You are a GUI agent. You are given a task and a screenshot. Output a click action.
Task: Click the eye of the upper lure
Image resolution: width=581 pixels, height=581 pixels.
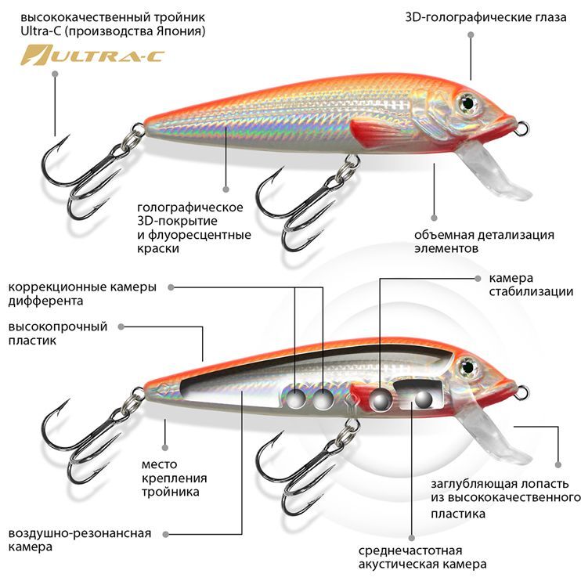click(468, 101)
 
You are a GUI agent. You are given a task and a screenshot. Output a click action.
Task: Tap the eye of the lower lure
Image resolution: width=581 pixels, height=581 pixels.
click(468, 365)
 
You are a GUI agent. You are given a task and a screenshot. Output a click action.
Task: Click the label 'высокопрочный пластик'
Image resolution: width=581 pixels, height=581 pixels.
click(58, 334)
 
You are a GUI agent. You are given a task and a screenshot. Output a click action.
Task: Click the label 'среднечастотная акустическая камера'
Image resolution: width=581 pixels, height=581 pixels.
click(422, 557)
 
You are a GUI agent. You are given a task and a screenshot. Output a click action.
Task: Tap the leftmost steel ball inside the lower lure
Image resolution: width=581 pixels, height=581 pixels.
click(296, 399)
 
